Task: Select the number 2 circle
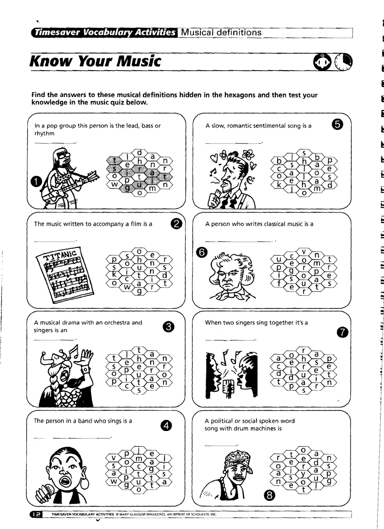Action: [x=176, y=224]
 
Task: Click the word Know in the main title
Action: [x=48, y=61]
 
